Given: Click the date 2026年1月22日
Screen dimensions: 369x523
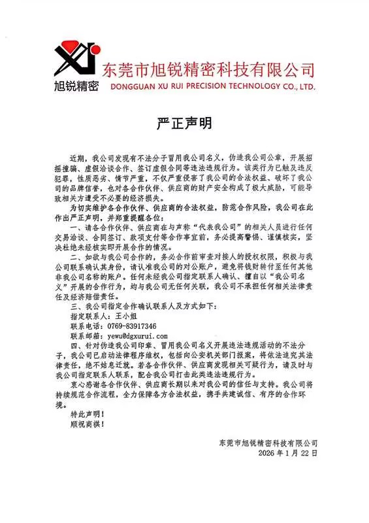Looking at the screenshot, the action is tap(287, 452).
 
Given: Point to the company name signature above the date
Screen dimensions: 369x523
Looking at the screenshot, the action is tap(268, 443).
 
